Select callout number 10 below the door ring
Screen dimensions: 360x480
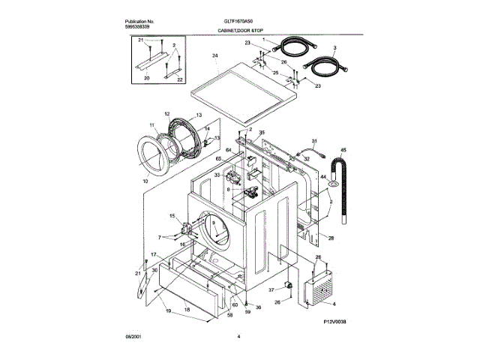click(145, 181)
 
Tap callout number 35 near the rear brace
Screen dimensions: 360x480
click(262, 132)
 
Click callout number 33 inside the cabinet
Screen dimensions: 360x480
click(217, 175)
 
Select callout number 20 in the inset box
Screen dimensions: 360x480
click(146, 78)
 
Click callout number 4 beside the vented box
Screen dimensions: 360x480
click(334, 303)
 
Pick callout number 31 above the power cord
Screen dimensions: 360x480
click(315, 141)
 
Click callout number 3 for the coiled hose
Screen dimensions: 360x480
click(336, 48)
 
